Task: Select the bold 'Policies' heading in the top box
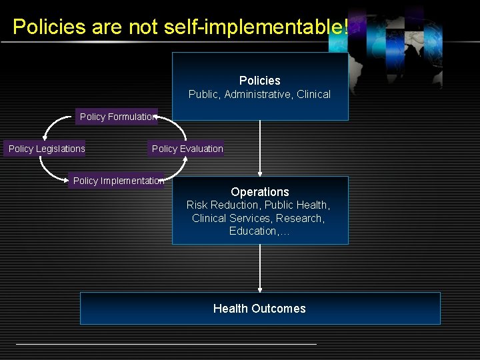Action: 260,81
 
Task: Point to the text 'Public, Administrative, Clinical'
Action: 260,95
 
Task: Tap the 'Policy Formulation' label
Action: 117,117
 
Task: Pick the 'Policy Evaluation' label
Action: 187,149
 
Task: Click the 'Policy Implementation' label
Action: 117,181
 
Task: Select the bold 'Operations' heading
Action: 260,192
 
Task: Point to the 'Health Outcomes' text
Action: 260,309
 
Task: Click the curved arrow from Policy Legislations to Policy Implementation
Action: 48,171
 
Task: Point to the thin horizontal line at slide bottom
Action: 167,344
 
